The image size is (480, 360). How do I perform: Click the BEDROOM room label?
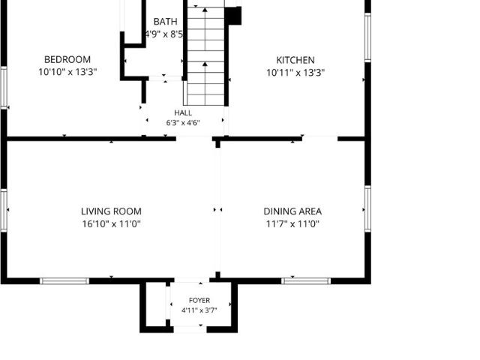click(x=67, y=59)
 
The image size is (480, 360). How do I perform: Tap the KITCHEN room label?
click(x=295, y=60)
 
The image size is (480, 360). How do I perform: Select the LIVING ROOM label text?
click(x=111, y=211)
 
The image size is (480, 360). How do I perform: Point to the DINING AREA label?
click(x=292, y=211)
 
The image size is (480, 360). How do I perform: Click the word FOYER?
click(x=199, y=300)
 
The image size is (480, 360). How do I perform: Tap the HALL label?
click(x=183, y=112)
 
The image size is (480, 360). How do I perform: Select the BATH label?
click(x=165, y=22)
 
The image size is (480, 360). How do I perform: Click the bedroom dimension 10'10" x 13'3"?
click(x=67, y=72)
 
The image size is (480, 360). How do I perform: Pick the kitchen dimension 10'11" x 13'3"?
click(x=295, y=73)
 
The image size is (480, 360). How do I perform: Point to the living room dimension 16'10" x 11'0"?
click(x=111, y=223)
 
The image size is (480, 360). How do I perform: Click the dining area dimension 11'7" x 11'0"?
click(x=292, y=223)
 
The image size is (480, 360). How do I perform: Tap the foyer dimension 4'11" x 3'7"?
click(x=199, y=310)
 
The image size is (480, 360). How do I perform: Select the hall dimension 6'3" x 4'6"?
click(x=183, y=123)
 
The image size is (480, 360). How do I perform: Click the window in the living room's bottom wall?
click(x=64, y=281)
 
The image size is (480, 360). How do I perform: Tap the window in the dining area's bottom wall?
click(x=306, y=281)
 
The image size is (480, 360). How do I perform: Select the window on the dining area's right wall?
click(x=367, y=208)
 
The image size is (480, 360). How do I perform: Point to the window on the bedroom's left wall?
click(x=4, y=88)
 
